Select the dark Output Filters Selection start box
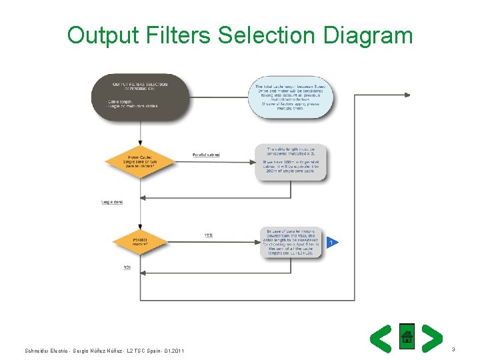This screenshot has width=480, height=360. click(x=140, y=97)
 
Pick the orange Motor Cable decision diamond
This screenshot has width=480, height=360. click(x=139, y=162)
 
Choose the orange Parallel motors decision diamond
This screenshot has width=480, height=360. click(x=139, y=243)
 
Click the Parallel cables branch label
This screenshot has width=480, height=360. click(x=206, y=155)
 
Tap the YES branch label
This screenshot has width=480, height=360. click(x=209, y=235)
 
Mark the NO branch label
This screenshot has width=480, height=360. click(x=127, y=267)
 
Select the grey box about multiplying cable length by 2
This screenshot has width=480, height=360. click(x=291, y=162)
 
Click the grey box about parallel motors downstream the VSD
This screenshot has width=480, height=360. click(x=291, y=243)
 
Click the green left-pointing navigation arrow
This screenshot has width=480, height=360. click(x=381, y=338)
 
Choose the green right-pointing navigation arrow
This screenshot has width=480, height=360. click(x=432, y=338)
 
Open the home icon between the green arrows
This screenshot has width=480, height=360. click(x=407, y=337)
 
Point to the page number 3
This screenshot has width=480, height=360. click(x=453, y=349)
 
